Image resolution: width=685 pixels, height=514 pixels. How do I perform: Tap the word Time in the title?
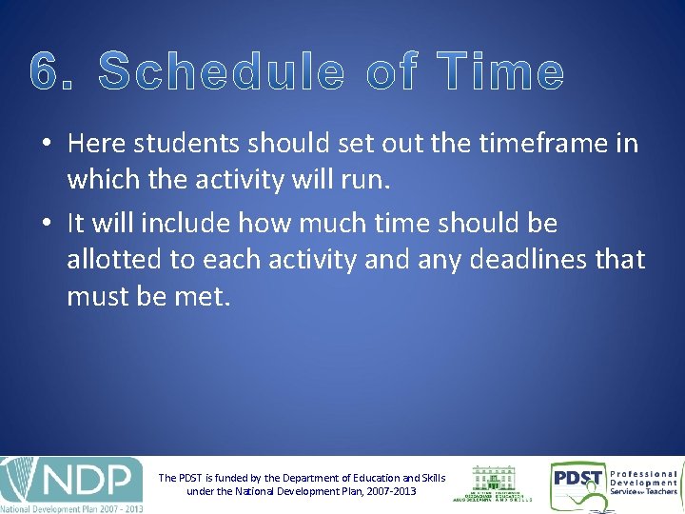[x=500, y=72]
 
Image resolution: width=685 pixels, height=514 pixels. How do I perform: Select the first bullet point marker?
[x=46, y=145]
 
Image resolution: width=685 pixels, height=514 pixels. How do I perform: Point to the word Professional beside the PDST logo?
[x=644, y=473]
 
